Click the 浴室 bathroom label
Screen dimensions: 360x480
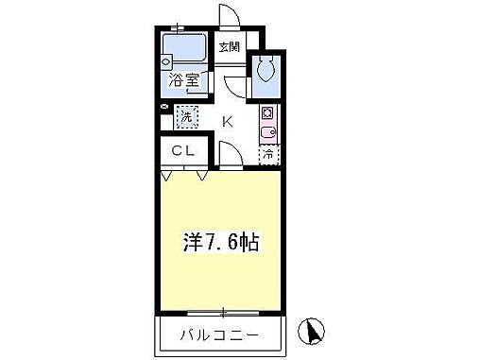tap(184, 81)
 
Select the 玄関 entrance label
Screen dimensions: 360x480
tap(230, 45)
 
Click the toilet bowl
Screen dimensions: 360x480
tap(266, 68)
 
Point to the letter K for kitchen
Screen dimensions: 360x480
tap(228, 120)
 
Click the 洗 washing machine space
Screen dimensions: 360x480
tap(187, 118)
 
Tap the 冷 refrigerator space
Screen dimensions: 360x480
tap(268, 153)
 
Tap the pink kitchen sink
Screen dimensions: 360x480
tap(267, 133)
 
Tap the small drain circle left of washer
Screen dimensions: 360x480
tap(165, 109)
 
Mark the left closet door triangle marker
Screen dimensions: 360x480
tap(167, 176)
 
